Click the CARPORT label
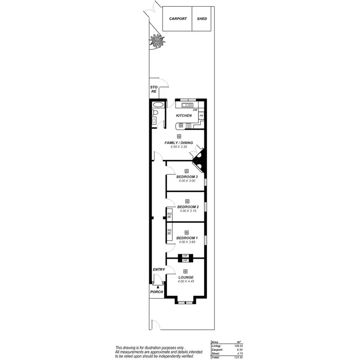click(x=178, y=19)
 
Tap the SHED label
click(x=202, y=19)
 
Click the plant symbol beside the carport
click(x=156, y=41)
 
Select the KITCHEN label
click(x=184, y=116)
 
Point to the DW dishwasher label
click(x=195, y=110)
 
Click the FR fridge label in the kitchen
click(x=202, y=116)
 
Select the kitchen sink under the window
click(x=187, y=105)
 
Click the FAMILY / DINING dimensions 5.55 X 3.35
click(x=179, y=146)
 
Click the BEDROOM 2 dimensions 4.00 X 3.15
click(x=188, y=211)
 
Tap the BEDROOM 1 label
click(x=186, y=238)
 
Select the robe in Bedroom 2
click(x=169, y=215)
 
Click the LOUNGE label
click(x=186, y=277)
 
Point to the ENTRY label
click(x=158, y=270)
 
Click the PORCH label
click(x=156, y=292)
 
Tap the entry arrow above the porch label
click(x=158, y=286)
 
